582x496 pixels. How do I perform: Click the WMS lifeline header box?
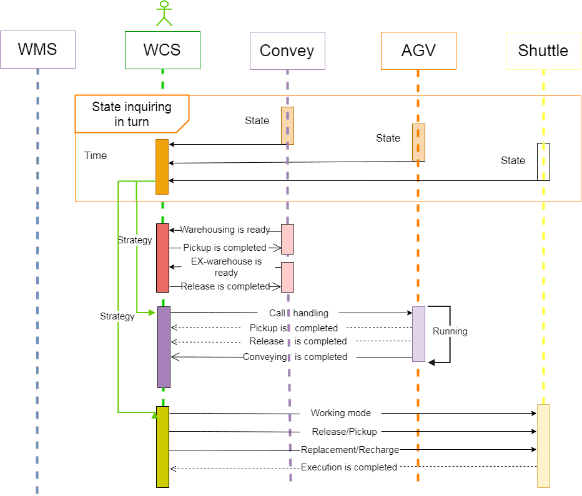pos(37,49)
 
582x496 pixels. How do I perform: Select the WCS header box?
pos(162,50)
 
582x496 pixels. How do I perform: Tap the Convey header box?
pos(287,50)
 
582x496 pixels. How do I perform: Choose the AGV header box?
pos(418,50)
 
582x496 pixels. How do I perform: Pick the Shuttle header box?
pos(543,50)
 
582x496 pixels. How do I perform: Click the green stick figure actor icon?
pos(164,13)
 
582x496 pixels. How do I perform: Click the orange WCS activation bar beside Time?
pos(162,167)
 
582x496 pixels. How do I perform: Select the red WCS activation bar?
pos(162,257)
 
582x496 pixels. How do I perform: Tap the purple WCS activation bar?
pos(163,346)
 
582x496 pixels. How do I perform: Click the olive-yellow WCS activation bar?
pos(162,446)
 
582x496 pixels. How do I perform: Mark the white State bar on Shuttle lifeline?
pos(543,162)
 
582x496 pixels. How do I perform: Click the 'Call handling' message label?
pos(298,313)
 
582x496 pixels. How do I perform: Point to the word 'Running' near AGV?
pos(450,331)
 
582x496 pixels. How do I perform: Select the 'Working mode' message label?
pos(340,413)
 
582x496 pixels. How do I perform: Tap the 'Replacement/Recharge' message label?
pos(350,449)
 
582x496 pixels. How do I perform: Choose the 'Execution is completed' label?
pos(349,467)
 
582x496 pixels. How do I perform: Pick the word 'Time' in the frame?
pos(96,155)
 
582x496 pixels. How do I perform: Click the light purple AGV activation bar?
pos(418,333)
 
